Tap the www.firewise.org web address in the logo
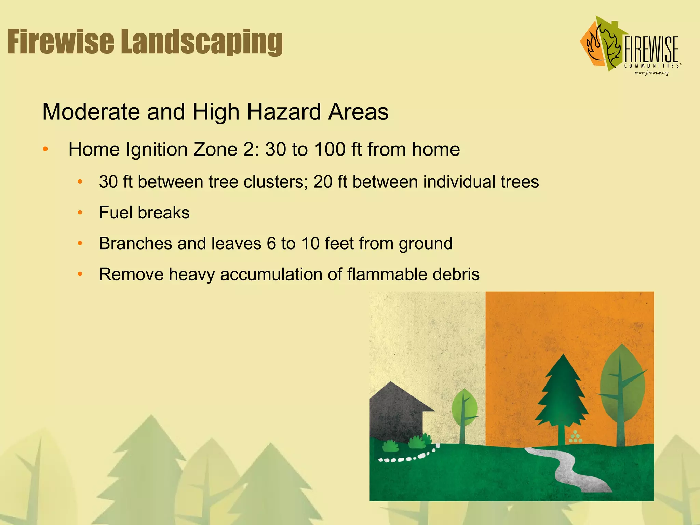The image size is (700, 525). (x=651, y=73)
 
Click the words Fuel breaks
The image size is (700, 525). (x=144, y=213)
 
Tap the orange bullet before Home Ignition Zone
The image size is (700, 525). (x=45, y=149)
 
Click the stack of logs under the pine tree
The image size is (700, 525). (x=575, y=437)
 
